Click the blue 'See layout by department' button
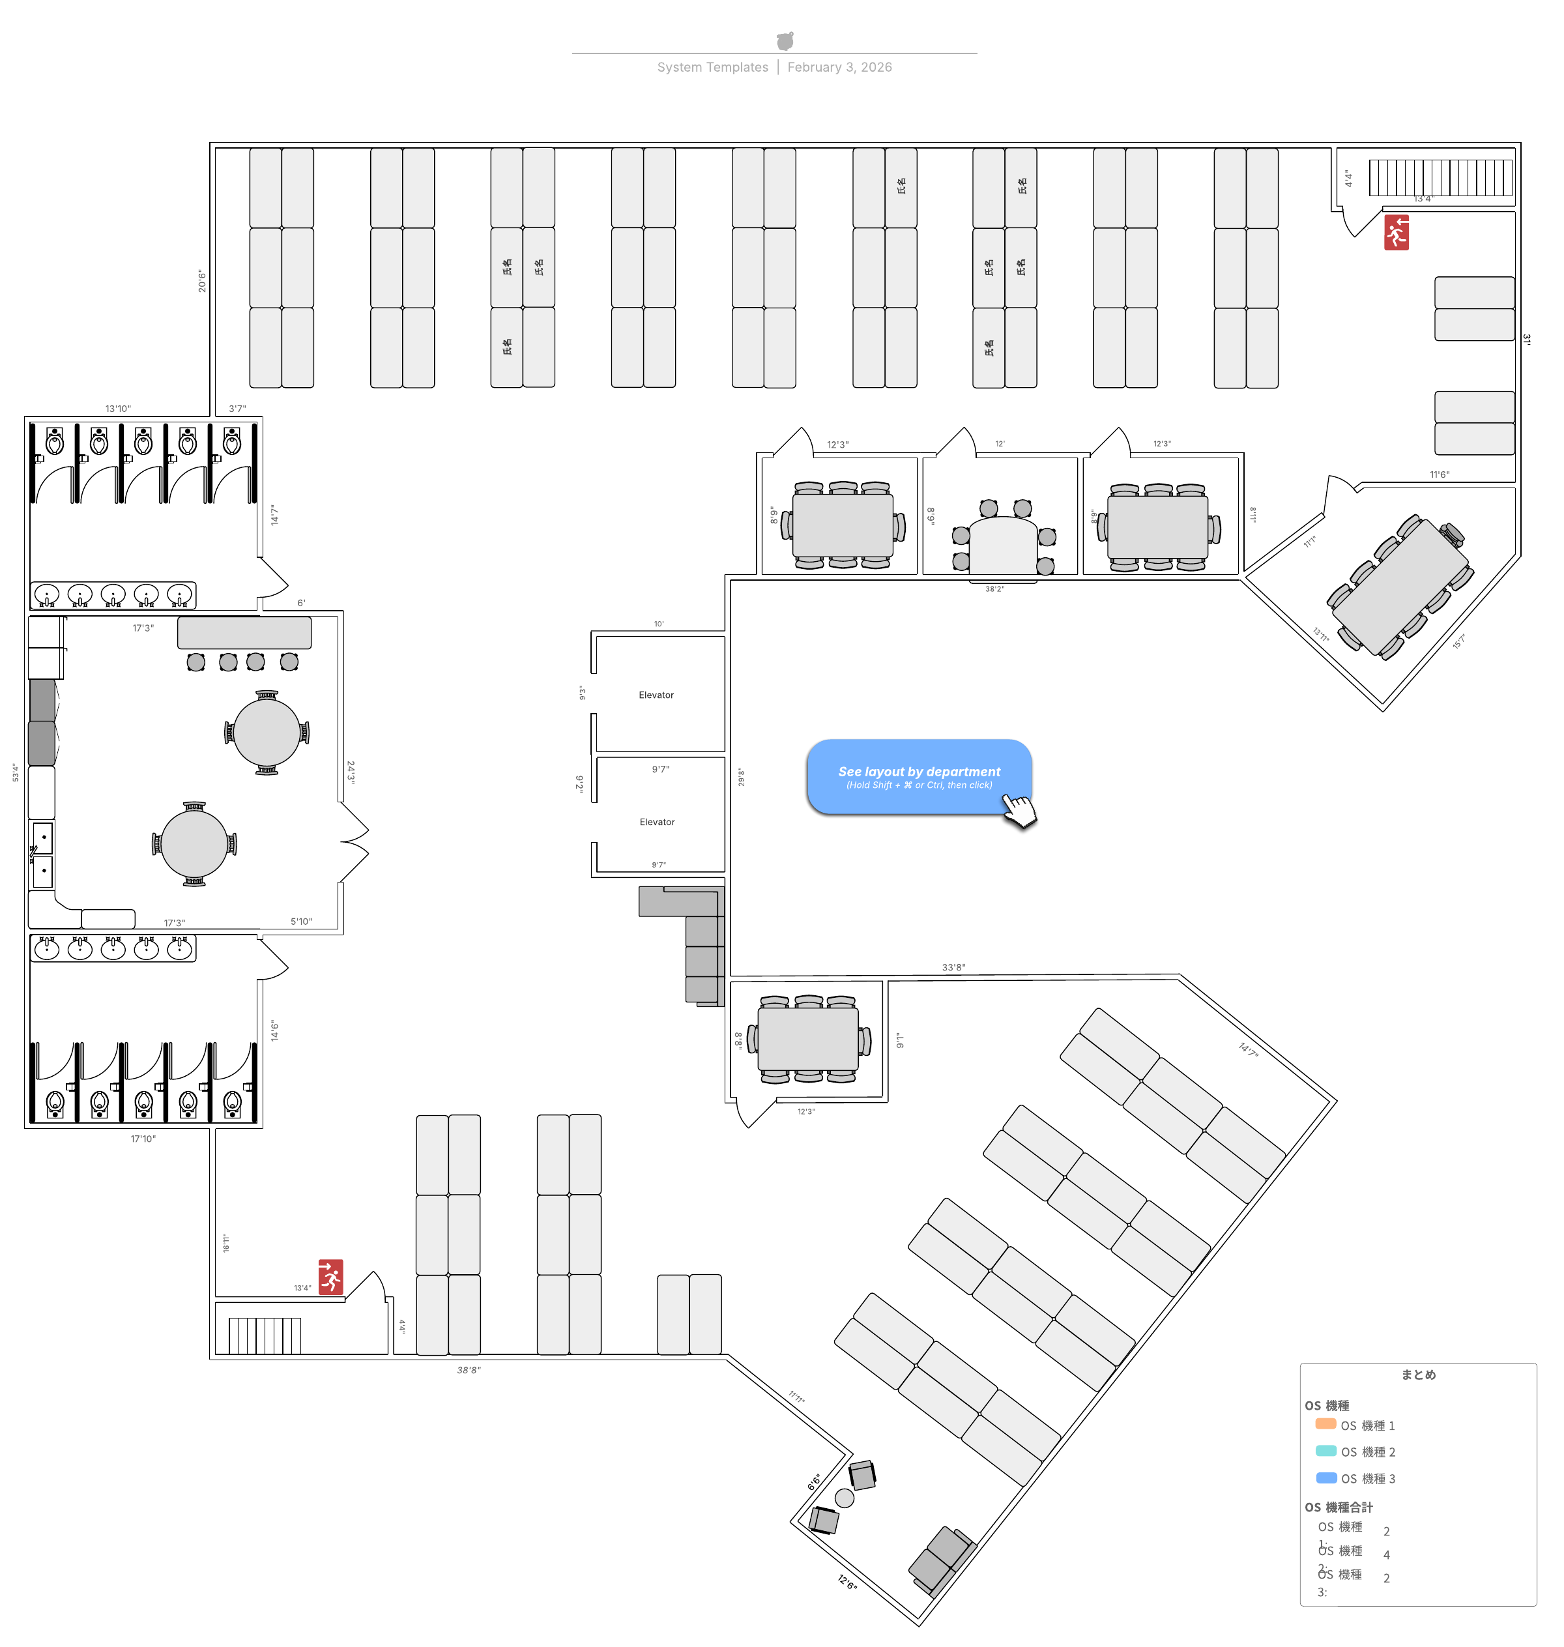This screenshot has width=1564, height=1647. (x=918, y=776)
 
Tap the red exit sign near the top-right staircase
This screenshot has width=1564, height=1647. (x=1396, y=233)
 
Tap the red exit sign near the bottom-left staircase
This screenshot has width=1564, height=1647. (x=330, y=1276)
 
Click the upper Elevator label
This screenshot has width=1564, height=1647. (x=656, y=695)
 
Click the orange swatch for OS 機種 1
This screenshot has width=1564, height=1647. (x=1325, y=1423)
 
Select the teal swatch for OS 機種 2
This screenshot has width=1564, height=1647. (x=1325, y=1450)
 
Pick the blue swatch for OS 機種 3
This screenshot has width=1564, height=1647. (x=1325, y=1477)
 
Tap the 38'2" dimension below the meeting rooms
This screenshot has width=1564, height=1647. (x=994, y=589)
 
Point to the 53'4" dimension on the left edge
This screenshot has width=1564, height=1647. (x=15, y=772)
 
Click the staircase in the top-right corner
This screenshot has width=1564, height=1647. (x=1440, y=177)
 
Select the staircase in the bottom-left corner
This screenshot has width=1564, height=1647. (x=265, y=1334)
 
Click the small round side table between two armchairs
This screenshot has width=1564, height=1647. (x=844, y=1498)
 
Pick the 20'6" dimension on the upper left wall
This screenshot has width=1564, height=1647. (x=202, y=280)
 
